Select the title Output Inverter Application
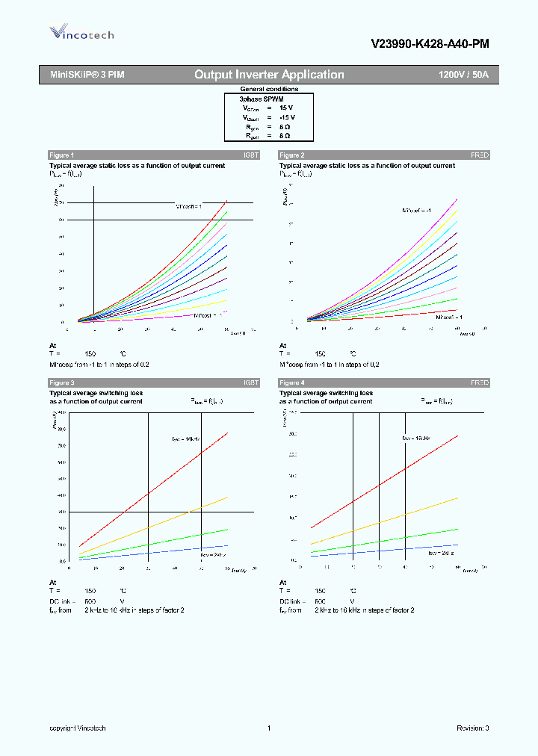click(269, 75)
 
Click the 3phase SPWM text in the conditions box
click(261, 99)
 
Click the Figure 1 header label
click(61, 155)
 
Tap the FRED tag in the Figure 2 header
click(479, 155)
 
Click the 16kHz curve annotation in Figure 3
click(182, 439)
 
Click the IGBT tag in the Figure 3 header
click(250, 382)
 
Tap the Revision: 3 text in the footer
click(472, 728)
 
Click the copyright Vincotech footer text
click(78, 728)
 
